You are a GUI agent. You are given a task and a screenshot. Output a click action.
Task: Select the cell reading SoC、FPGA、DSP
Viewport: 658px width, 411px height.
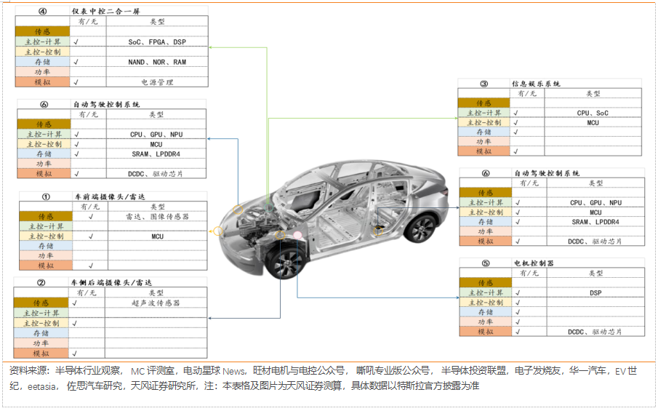point(157,42)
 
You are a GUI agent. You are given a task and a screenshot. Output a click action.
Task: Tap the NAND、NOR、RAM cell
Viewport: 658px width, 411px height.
point(157,63)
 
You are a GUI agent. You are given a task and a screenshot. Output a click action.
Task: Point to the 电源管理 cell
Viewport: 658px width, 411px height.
point(157,82)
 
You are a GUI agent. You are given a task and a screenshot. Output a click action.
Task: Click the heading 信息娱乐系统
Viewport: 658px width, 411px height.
point(537,84)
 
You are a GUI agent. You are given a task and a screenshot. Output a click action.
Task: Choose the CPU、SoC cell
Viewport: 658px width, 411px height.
point(593,113)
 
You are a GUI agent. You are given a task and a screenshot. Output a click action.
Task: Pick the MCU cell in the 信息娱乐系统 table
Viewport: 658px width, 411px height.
point(593,123)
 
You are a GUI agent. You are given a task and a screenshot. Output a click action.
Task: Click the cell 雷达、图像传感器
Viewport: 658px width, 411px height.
point(158,217)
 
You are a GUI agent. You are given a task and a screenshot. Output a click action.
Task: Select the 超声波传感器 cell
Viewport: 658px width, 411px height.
point(156,303)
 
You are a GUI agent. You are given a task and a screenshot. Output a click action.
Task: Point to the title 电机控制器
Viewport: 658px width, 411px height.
point(534,263)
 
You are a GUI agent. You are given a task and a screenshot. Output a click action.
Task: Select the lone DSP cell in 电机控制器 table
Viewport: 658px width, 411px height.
point(595,292)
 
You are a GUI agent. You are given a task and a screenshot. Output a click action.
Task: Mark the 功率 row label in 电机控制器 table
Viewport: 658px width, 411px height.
point(486,322)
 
